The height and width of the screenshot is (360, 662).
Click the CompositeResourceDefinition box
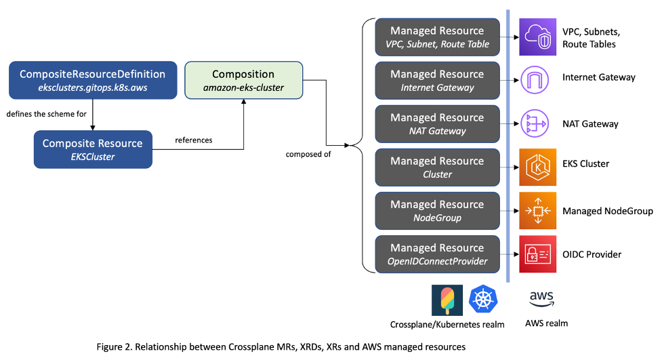point(92,81)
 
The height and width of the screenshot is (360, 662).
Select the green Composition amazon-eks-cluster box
point(243,81)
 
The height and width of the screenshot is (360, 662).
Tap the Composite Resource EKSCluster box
point(93,149)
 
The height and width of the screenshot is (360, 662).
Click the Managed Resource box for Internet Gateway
point(437,81)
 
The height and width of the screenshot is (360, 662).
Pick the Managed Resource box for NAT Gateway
point(437,124)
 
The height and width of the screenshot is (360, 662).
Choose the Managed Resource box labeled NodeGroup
point(437,211)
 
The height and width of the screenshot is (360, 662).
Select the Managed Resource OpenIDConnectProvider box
point(437,254)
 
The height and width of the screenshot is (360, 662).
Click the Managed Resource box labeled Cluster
point(437,167)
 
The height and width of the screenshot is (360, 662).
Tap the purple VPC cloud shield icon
point(537,37)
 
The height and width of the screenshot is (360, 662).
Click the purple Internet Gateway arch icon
point(537,81)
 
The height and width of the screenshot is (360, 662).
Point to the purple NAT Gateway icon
point(537,124)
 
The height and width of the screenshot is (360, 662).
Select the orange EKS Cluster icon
point(537,167)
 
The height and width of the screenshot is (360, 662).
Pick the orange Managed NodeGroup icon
point(537,211)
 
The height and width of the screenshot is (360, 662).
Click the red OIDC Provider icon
point(537,254)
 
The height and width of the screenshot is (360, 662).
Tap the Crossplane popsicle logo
point(447,300)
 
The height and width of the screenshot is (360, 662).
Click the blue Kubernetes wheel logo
point(484,300)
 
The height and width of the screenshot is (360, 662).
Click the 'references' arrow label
point(194,140)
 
